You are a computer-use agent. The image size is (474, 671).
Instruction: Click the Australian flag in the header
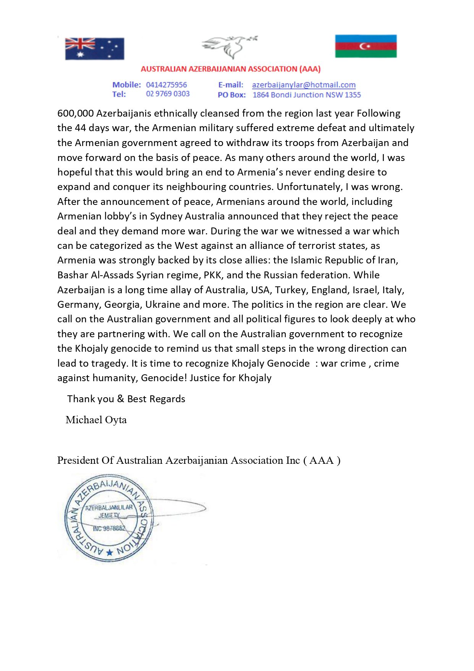point(95,49)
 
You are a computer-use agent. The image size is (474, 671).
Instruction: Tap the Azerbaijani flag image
point(366,46)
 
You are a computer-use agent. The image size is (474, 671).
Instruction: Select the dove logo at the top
point(229,47)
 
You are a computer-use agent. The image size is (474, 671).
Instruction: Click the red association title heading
point(230,69)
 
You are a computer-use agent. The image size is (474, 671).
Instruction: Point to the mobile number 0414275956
point(166,85)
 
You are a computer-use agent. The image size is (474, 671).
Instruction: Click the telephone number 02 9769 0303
point(168,94)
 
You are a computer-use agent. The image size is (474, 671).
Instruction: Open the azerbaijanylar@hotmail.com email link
point(304,85)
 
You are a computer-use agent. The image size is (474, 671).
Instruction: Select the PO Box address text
point(306,95)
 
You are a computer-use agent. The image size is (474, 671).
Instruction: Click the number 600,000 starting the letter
point(75,114)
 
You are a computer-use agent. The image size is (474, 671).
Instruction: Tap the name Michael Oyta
point(96,420)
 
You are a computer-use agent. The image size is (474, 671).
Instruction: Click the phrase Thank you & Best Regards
point(126,399)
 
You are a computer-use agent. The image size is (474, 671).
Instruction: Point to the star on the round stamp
point(110,552)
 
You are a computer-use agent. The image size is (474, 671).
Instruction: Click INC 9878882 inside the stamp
point(109,529)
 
